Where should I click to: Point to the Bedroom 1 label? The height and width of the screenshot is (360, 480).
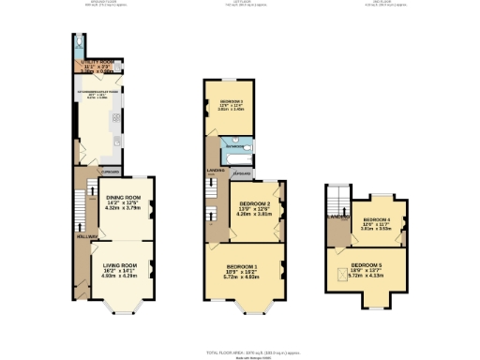244,267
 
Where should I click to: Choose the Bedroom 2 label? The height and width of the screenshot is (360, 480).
254,203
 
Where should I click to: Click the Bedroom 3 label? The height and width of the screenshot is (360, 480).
232,99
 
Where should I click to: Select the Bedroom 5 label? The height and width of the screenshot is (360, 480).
367,265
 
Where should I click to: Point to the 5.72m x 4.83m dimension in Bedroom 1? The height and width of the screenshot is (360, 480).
244,278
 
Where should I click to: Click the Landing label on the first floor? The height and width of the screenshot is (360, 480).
214,171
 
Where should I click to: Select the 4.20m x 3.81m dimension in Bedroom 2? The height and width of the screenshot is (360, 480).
254,215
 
